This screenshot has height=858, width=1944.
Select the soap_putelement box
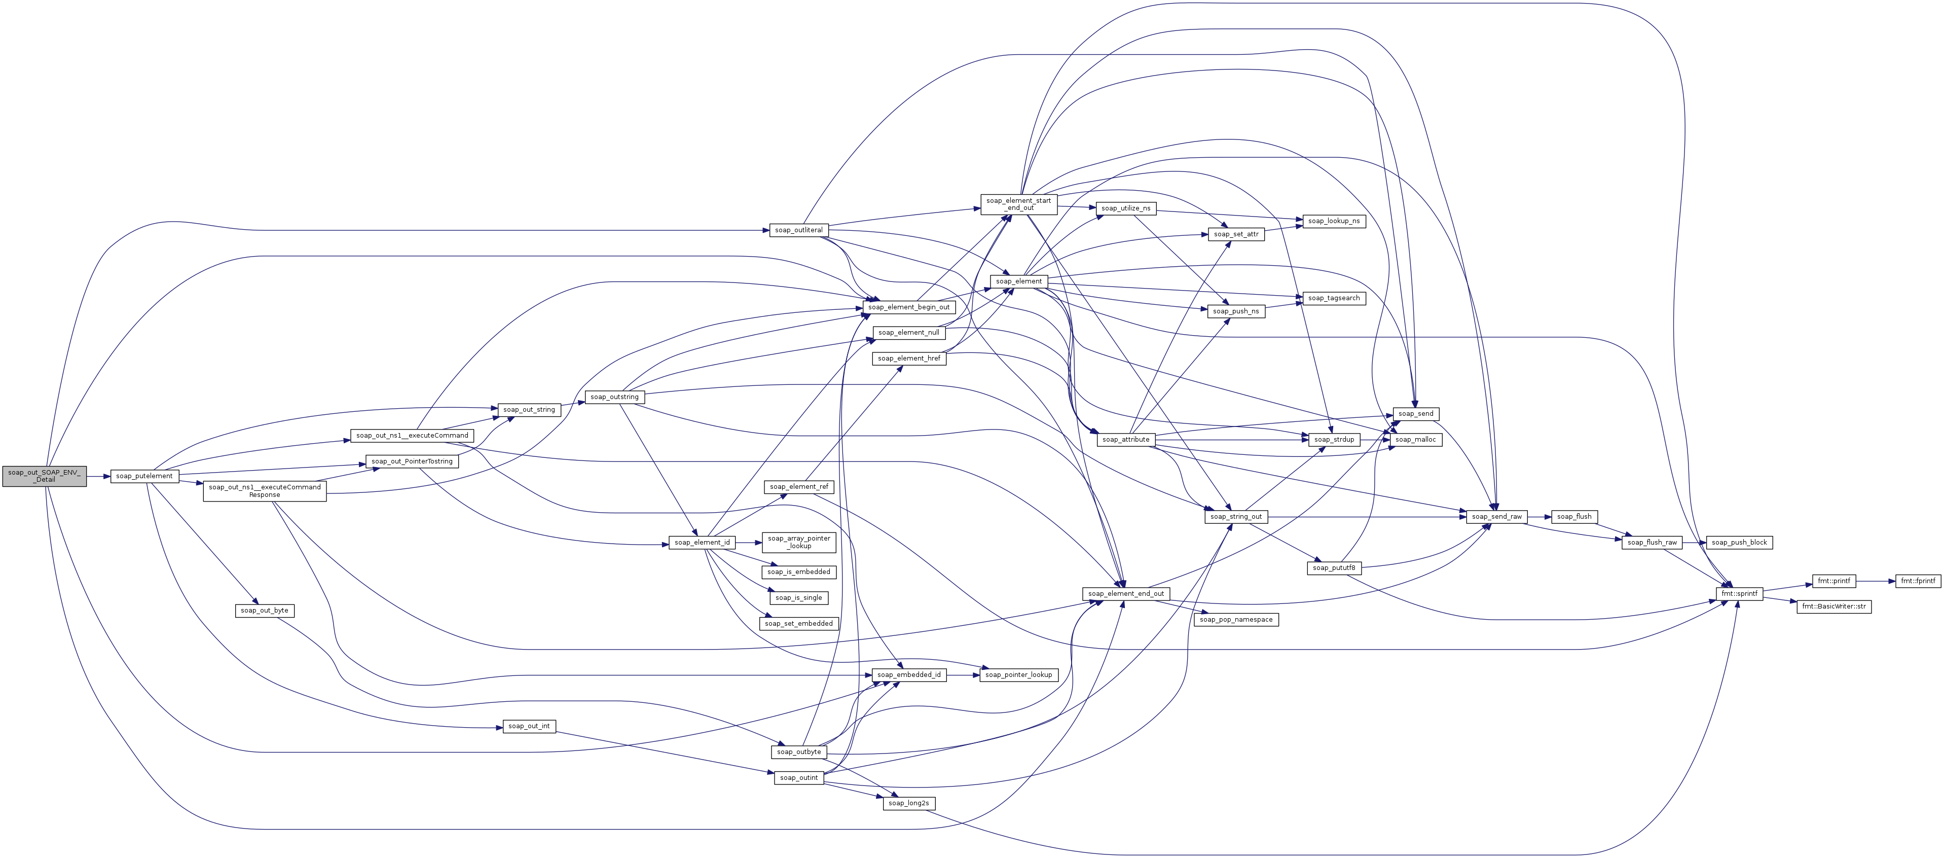(x=144, y=476)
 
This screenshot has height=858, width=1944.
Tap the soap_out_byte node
(x=264, y=611)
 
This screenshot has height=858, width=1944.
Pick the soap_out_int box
(x=528, y=727)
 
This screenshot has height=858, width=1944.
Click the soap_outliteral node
(x=798, y=230)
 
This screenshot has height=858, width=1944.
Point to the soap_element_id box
(x=702, y=543)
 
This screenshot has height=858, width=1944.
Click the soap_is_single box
(x=798, y=598)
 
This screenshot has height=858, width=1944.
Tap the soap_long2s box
(x=908, y=803)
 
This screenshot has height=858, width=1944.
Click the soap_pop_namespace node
(x=1236, y=620)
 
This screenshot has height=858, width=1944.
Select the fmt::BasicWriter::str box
(x=1834, y=606)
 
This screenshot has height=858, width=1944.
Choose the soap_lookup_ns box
(x=1334, y=221)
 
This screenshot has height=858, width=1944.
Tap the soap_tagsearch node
(x=1334, y=298)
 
